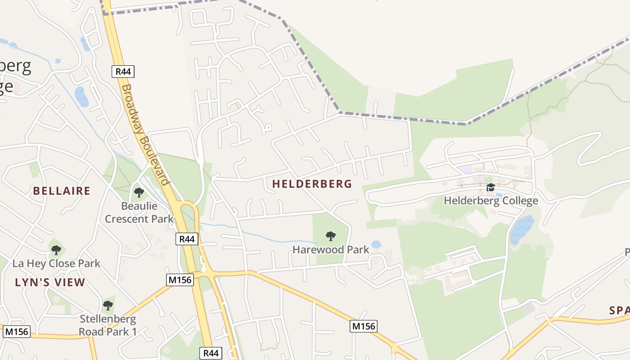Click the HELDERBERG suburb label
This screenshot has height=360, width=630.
click(x=312, y=184)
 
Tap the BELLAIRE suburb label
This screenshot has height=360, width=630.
click(x=62, y=191)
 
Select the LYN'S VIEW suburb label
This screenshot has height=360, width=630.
click(x=50, y=282)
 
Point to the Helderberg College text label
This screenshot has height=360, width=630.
click(x=491, y=201)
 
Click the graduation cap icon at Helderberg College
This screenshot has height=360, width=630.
click(x=490, y=187)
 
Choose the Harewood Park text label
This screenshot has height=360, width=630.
click(x=331, y=249)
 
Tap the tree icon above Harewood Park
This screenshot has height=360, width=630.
click(x=331, y=236)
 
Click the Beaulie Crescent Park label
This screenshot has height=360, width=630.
click(x=139, y=212)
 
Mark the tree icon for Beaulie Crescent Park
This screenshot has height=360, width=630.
click(x=139, y=193)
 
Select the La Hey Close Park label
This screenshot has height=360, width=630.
click(x=56, y=263)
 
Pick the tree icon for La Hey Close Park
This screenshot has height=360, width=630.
click(x=56, y=250)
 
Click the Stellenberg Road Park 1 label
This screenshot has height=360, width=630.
click(x=108, y=325)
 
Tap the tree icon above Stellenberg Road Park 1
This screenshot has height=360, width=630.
click(x=108, y=306)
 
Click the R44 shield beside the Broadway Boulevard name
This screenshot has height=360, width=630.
click(x=123, y=71)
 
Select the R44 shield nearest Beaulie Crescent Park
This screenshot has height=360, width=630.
click(x=187, y=239)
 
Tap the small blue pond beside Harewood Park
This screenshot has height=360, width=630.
click(x=376, y=244)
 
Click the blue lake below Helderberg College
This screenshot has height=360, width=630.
click(x=522, y=229)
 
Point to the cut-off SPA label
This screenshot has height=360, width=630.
click(x=619, y=310)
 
